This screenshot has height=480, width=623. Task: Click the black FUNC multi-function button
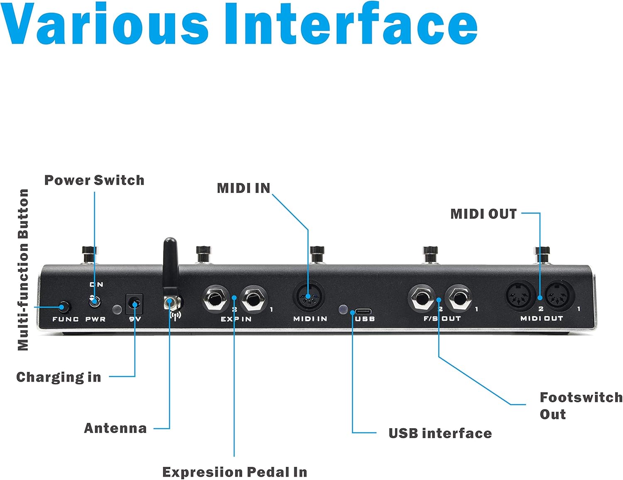(64, 307)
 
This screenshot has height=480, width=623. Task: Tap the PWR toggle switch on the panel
(95, 300)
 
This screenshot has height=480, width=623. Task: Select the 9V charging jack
(134, 304)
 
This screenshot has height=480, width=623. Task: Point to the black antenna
(170, 266)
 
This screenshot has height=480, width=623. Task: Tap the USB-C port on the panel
(363, 311)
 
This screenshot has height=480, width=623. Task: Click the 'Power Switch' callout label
(94, 180)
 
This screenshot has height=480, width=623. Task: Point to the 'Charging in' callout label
(59, 377)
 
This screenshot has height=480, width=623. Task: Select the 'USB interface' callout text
(440, 433)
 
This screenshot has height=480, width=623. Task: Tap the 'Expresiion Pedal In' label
(235, 472)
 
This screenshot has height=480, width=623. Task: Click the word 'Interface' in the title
(351, 24)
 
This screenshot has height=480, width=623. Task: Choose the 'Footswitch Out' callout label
(581, 405)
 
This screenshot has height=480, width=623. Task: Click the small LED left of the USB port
(343, 309)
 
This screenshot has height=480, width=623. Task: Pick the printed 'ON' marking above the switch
(96, 285)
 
